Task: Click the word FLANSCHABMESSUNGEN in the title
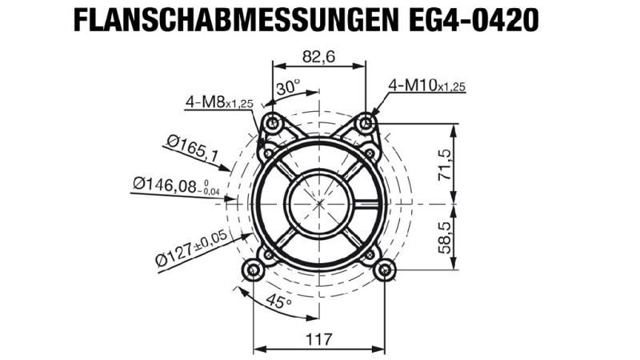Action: pos(235,19)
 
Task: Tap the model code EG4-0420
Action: pos(473,19)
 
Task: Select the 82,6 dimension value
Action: pos(318,57)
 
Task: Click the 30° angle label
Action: pos(288,87)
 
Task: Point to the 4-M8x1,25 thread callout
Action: pos(219,102)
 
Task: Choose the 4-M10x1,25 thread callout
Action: pos(426,85)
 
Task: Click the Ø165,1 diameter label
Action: pos(192,148)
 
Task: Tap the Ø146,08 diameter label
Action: pos(176,186)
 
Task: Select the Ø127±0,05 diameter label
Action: pos(191,248)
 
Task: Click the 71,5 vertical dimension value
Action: pos(444,165)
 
